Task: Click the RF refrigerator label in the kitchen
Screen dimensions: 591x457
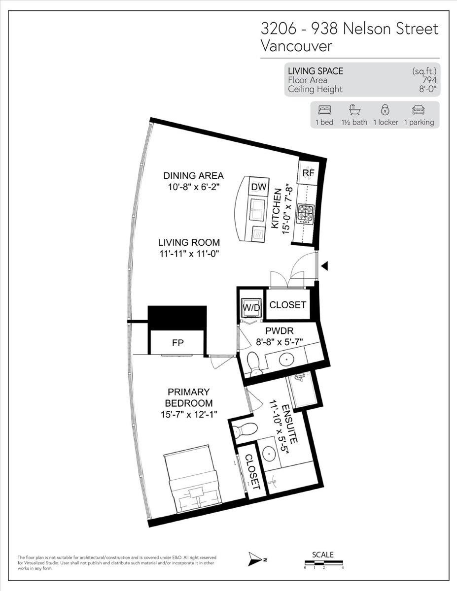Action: pyautogui.click(x=308, y=173)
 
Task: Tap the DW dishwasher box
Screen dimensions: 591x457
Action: pyautogui.click(x=259, y=187)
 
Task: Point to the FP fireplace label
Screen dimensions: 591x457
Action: pyautogui.click(x=178, y=343)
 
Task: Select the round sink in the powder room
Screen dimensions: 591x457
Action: pyautogui.click(x=287, y=360)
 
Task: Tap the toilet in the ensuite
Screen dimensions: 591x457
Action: pyautogui.click(x=245, y=429)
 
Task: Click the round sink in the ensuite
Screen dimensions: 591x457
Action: pyautogui.click(x=270, y=453)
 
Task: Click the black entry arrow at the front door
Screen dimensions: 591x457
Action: pyautogui.click(x=324, y=266)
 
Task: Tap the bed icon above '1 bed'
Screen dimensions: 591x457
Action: pyautogui.click(x=324, y=110)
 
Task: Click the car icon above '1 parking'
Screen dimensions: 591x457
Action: pyautogui.click(x=419, y=110)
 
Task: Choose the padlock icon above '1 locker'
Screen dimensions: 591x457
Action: pyautogui.click(x=385, y=110)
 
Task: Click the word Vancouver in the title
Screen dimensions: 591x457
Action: pyautogui.click(x=296, y=46)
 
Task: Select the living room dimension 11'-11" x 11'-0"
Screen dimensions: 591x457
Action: pyautogui.click(x=189, y=254)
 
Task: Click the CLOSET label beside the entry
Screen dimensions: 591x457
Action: pyautogui.click(x=287, y=305)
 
